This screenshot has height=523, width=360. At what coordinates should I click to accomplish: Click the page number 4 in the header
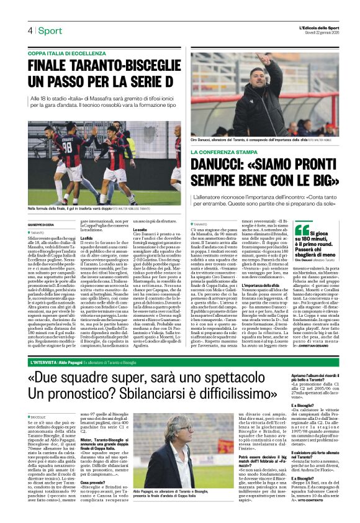click(30, 30)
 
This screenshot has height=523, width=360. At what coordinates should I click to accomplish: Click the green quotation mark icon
click(301, 230)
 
